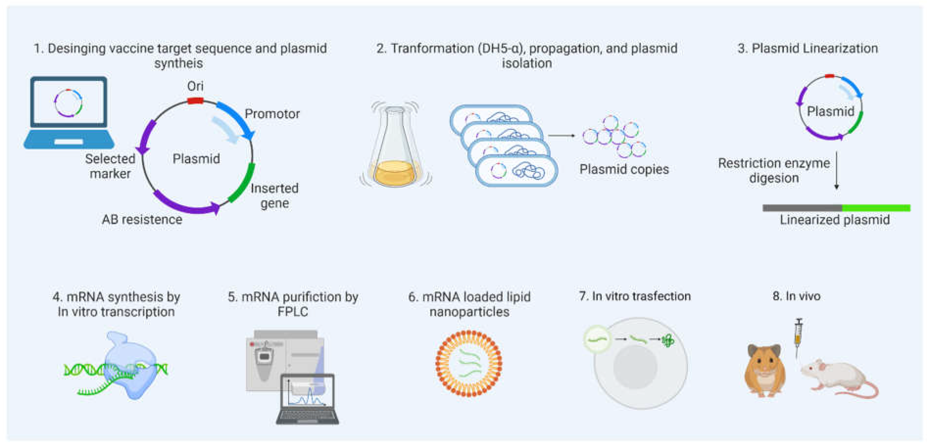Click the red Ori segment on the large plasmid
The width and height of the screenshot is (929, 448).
[195, 101]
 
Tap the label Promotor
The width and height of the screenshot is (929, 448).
[272, 114]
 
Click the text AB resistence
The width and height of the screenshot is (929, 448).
[142, 219]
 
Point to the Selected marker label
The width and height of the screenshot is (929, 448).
[110, 166]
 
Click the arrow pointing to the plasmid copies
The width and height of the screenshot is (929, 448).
[561, 136]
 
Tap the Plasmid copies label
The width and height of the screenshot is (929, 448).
[624, 169]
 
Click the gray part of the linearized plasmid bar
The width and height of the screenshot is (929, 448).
[802, 208]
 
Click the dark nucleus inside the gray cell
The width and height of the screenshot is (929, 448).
[635, 367]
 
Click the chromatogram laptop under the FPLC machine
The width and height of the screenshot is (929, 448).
[307, 399]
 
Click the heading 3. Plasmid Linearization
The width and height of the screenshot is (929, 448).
[807, 48]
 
